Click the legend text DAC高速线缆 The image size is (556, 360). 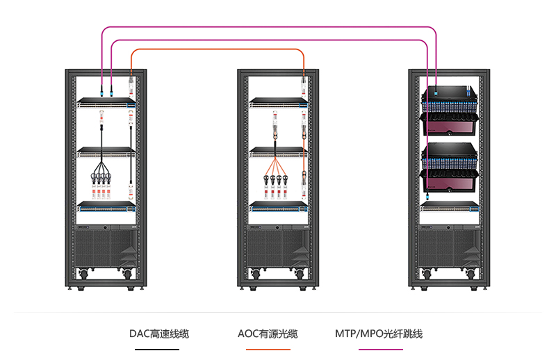click(x=159, y=334)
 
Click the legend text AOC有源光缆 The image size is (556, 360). click(x=268, y=334)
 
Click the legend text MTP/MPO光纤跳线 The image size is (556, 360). click(x=379, y=334)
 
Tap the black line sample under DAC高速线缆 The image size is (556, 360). click(x=159, y=349)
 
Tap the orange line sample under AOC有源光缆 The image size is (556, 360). click(x=268, y=349)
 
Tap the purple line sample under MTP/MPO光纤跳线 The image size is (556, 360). click(x=379, y=349)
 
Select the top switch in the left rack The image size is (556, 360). click(x=106, y=103)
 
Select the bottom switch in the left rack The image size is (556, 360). click(x=106, y=205)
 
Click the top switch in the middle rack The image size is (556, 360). click(x=279, y=103)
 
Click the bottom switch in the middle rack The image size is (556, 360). click(x=279, y=205)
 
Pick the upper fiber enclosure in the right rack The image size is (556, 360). click(x=450, y=108)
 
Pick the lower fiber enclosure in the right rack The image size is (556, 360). click(x=450, y=167)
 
